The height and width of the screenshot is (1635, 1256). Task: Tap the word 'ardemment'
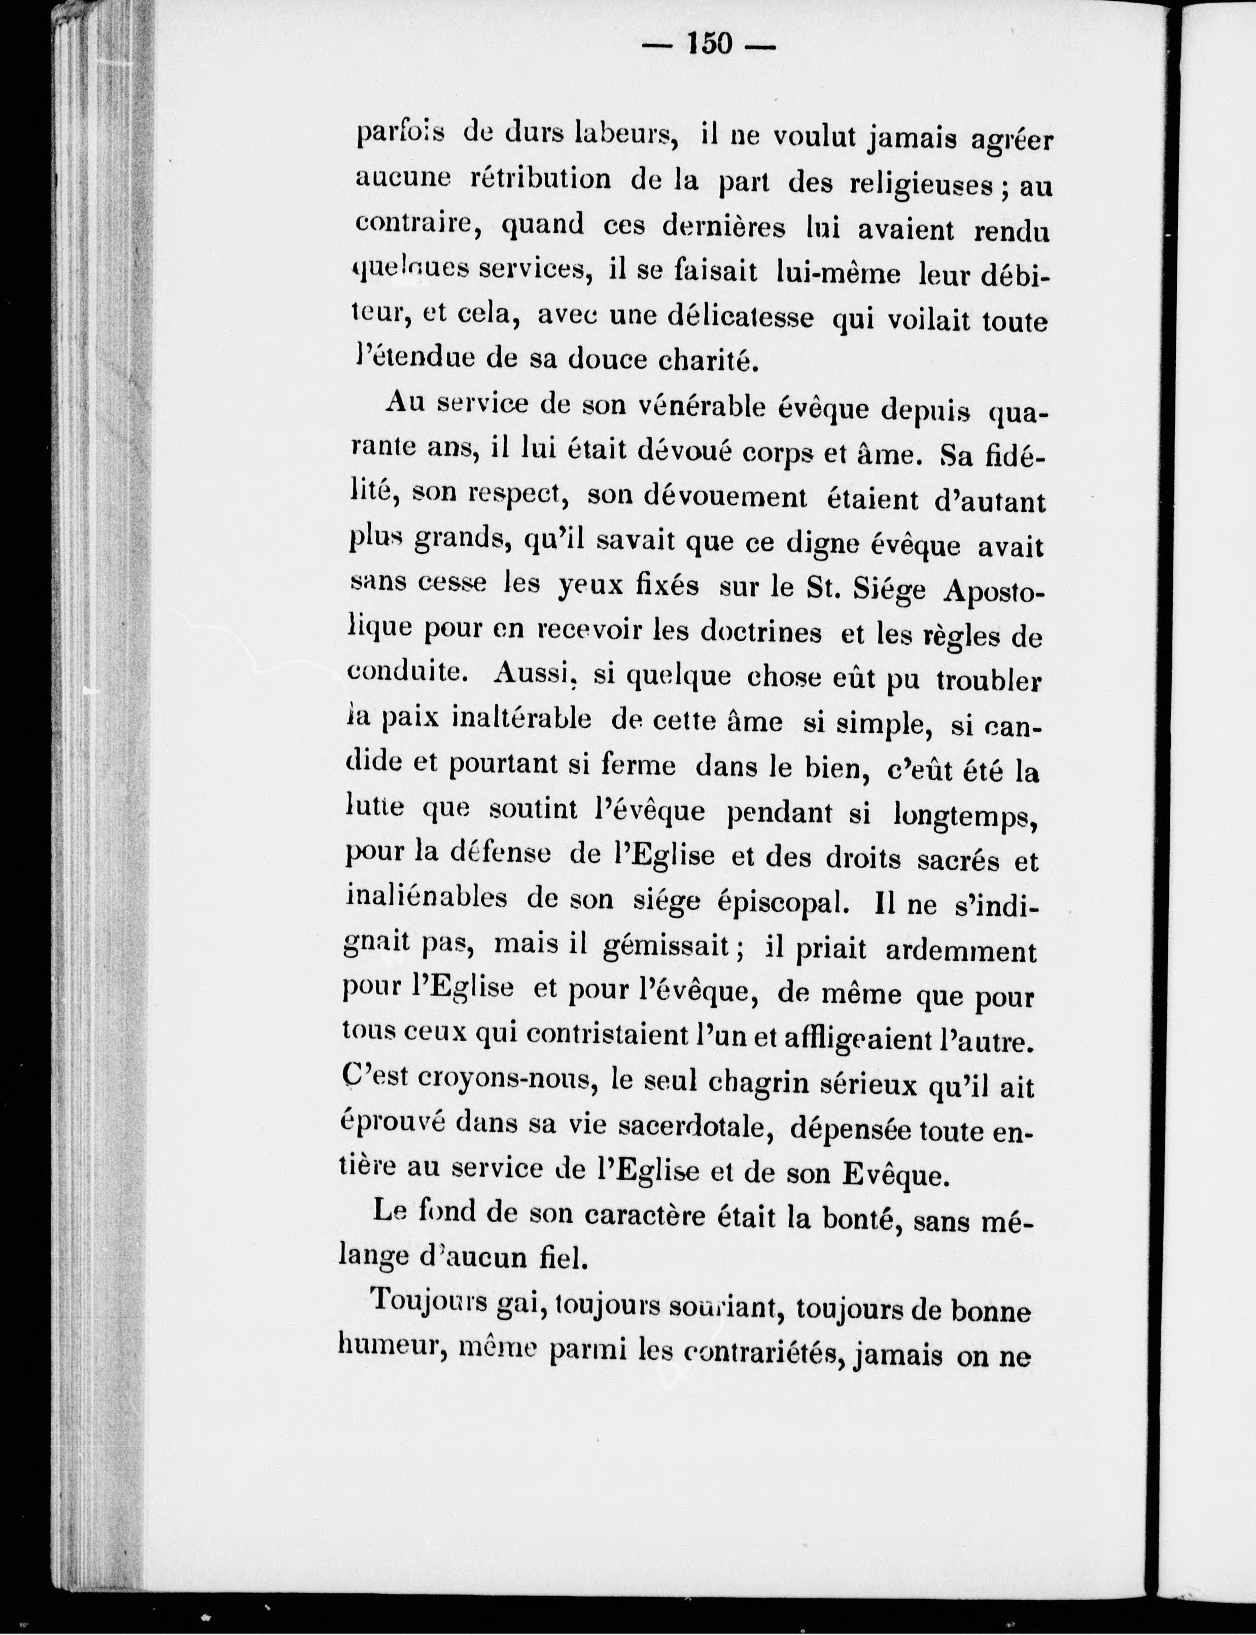click(x=961, y=951)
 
